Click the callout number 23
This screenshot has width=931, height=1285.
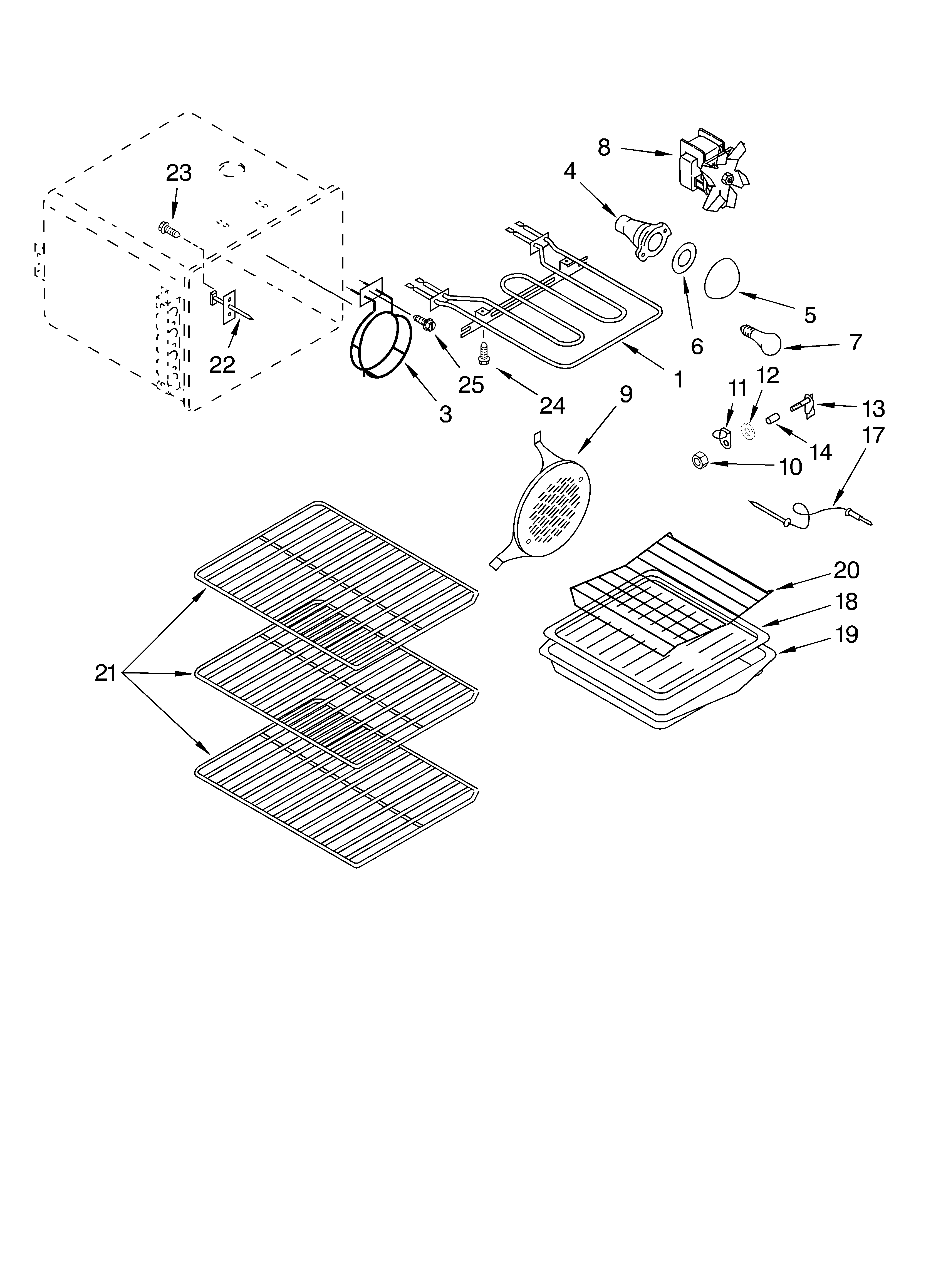pos(179,173)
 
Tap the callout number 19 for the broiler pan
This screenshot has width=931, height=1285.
pos(846,635)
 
